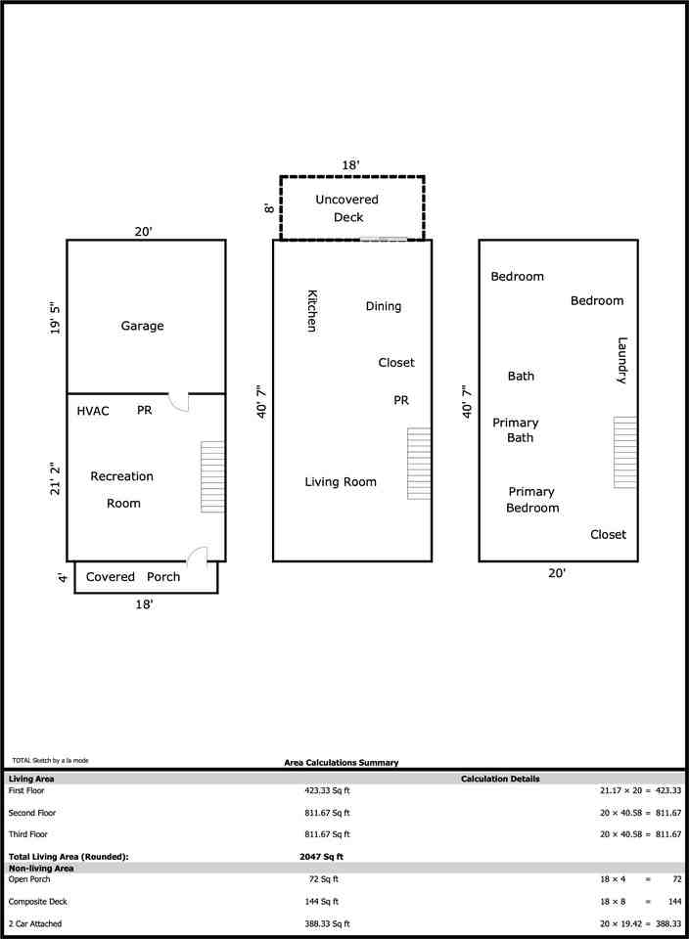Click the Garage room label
pos(142,326)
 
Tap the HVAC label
pos(93,411)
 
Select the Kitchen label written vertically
pos(312,310)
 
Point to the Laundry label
pos(621,360)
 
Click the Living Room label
pos(340,482)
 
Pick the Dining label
pos(383,306)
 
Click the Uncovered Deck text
pos(346,208)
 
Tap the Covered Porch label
pos(133,577)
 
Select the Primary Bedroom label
pos(532,500)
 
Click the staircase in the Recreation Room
pos(212,476)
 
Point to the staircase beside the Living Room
pos(419,464)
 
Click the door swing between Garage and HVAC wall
pos(178,401)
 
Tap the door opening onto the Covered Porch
pos(198,554)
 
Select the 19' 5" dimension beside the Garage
pos(55,317)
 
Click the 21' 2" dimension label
pos(55,475)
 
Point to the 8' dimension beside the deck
pos(267,207)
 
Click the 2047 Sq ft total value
pos(321,856)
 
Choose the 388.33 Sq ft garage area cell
pos(327,923)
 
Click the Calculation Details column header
pos(500,780)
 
